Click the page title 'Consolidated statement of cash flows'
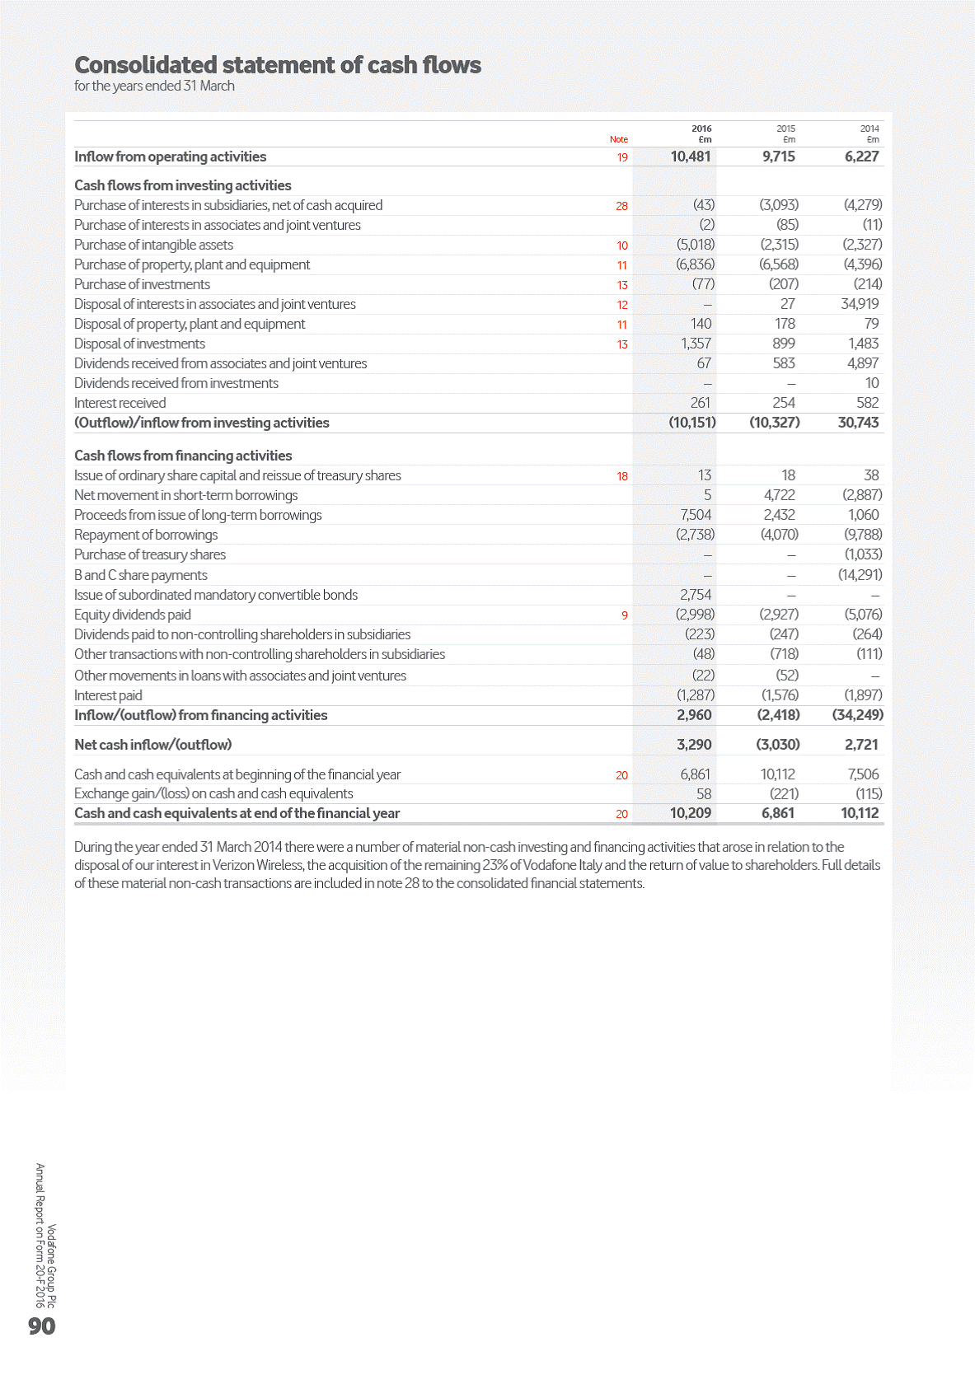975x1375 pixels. (x=278, y=65)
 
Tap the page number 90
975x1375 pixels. (x=41, y=1326)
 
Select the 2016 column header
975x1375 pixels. (x=701, y=129)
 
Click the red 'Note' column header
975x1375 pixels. (x=618, y=139)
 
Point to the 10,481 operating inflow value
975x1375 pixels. (x=691, y=157)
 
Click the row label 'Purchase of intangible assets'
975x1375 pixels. (x=153, y=245)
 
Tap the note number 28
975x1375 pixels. (x=621, y=206)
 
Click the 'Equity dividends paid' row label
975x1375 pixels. (x=133, y=615)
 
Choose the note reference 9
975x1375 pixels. (x=625, y=615)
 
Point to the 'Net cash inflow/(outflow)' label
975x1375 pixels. (x=152, y=745)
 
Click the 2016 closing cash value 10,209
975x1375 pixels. (x=691, y=813)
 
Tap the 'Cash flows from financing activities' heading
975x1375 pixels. (x=183, y=456)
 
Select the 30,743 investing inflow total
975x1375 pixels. (x=858, y=423)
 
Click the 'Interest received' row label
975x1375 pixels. (x=120, y=403)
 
